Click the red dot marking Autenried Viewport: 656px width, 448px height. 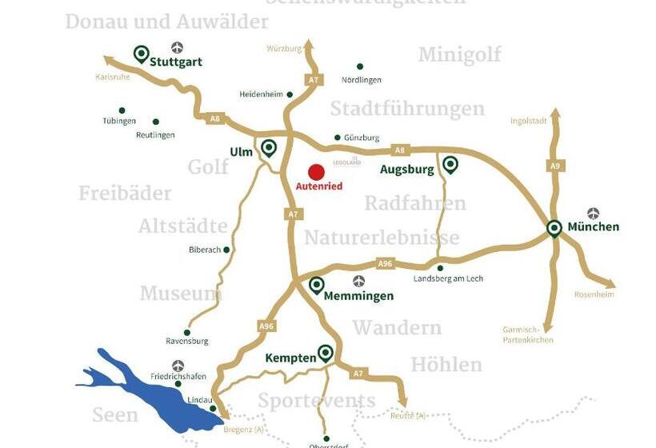coord(317,172)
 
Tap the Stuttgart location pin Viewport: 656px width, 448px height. coord(142,54)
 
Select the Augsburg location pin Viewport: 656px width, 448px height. coord(450,165)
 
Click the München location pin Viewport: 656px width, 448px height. coord(554,229)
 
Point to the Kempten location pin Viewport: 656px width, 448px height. coord(325,353)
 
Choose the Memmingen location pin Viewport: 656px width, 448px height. coord(317,285)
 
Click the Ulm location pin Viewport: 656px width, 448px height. coord(268,147)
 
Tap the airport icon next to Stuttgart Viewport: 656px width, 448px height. coord(177,48)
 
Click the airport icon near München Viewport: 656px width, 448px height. coord(593,213)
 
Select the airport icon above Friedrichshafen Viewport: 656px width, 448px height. coord(178,365)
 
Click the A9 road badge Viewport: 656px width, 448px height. coord(555,166)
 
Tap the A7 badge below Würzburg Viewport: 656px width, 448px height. coord(314,80)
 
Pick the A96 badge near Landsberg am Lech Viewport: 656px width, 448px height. coord(386,263)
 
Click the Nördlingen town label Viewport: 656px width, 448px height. coord(362,80)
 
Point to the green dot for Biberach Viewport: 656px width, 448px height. coord(226,250)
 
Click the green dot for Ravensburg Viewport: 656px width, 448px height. coord(187,332)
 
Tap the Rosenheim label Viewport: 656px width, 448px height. coord(594,294)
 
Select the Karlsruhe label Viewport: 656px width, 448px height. coord(112,78)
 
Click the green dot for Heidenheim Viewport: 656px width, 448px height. coord(290,94)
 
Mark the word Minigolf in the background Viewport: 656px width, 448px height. coord(459,54)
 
